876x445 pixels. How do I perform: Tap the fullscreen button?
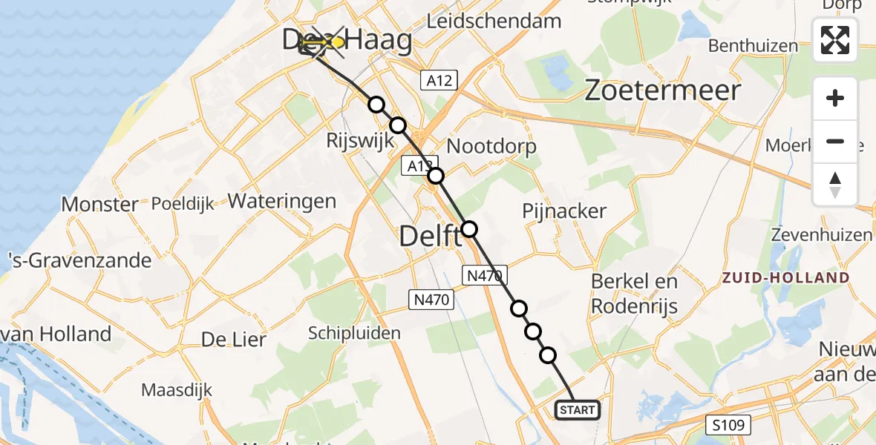tap(835, 40)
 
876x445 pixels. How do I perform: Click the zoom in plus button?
tap(835, 98)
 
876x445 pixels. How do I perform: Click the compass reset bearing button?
tap(835, 184)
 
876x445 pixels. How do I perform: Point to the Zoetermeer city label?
tap(663, 90)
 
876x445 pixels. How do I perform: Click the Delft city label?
tap(431, 237)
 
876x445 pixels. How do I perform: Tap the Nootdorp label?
tap(492, 147)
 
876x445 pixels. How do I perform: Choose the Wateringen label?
tap(282, 200)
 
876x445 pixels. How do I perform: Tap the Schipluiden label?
tap(354, 333)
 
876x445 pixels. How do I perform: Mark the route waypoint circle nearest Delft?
tap(469, 228)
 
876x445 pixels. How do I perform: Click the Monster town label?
tap(99, 204)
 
